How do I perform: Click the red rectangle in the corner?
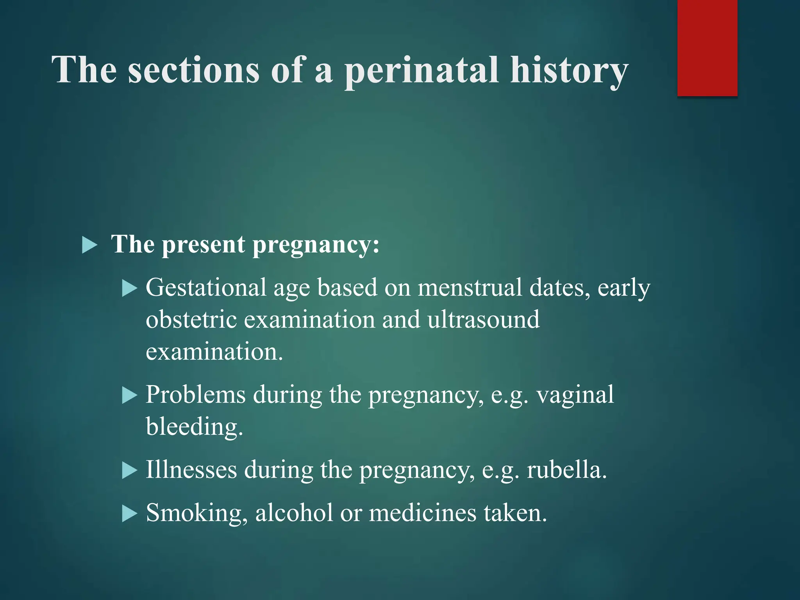pyautogui.click(x=707, y=48)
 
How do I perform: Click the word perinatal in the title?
pyautogui.click(x=422, y=70)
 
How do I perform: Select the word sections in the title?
pyautogui.click(x=194, y=70)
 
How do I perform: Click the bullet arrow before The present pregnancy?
pyautogui.click(x=90, y=246)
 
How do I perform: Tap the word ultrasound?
pyautogui.click(x=483, y=320)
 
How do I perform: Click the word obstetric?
pyautogui.click(x=191, y=320)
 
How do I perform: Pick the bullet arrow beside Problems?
pyautogui.click(x=129, y=395)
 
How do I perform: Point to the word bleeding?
pyautogui.click(x=194, y=427)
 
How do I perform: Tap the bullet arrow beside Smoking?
pyautogui.click(x=129, y=514)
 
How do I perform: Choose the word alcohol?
pyautogui.click(x=294, y=513)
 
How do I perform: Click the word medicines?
pyautogui.click(x=423, y=513)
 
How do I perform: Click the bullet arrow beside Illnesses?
pyautogui.click(x=129, y=470)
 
